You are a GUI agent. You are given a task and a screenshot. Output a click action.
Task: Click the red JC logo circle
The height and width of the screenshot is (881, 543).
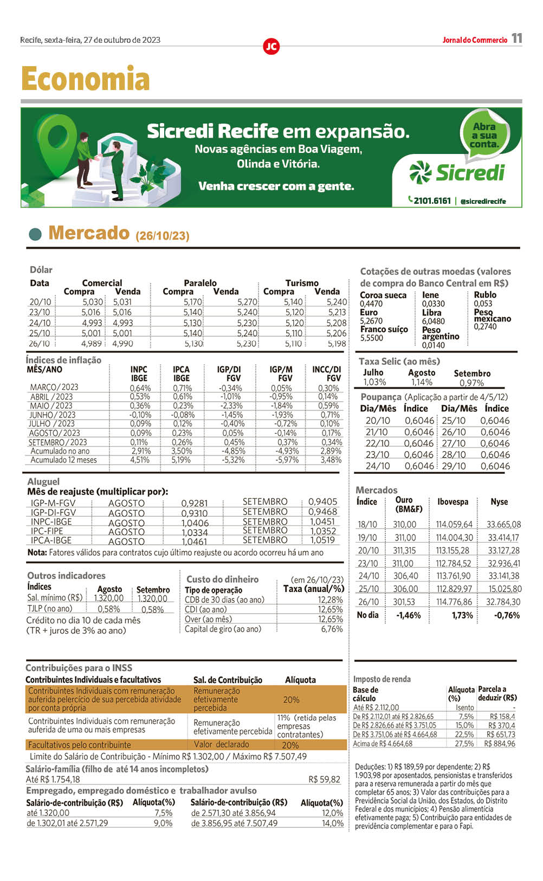pyautogui.click(x=271, y=47)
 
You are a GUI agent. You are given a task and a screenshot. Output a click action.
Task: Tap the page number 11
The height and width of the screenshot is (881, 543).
pyautogui.click(x=516, y=38)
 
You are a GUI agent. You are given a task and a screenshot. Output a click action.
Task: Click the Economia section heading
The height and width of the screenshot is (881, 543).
pyautogui.click(x=85, y=79)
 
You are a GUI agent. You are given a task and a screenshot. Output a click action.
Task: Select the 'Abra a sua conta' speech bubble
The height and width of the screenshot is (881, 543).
pyautogui.click(x=484, y=136)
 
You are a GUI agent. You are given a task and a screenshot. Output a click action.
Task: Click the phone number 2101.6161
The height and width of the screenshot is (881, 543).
pyautogui.click(x=432, y=201)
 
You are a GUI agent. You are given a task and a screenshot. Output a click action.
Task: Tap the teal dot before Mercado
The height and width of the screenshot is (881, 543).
pyautogui.click(x=35, y=234)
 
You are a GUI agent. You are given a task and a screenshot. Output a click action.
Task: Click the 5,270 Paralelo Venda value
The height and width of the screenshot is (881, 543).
pyautogui.click(x=247, y=302)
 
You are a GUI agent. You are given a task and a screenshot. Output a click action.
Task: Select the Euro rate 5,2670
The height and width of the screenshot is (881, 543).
pyautogui.click(x=371, y=321)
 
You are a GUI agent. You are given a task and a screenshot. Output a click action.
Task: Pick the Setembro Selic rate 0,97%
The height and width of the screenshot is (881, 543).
pyautogui.click(x=471, y=383)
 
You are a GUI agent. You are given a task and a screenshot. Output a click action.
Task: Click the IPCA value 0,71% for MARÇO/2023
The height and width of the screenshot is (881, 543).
pyautogui.click(x=182, y=388)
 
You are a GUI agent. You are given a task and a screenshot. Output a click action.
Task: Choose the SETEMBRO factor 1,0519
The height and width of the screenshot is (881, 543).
pyautogui.click(x=322, y=540)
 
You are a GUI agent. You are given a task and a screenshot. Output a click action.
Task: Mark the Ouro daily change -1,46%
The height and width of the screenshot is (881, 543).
pyautogui.click(x=409, y=615)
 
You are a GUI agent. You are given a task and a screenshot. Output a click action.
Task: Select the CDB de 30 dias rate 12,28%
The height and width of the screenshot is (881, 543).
pyautogui.click(x=330, y=600)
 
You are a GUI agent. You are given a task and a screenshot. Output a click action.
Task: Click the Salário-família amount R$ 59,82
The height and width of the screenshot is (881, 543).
pyautogui.click(x=324, y=780)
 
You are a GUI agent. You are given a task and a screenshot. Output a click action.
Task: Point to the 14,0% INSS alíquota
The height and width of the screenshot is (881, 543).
pyautogui.click(x=332, y=823)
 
